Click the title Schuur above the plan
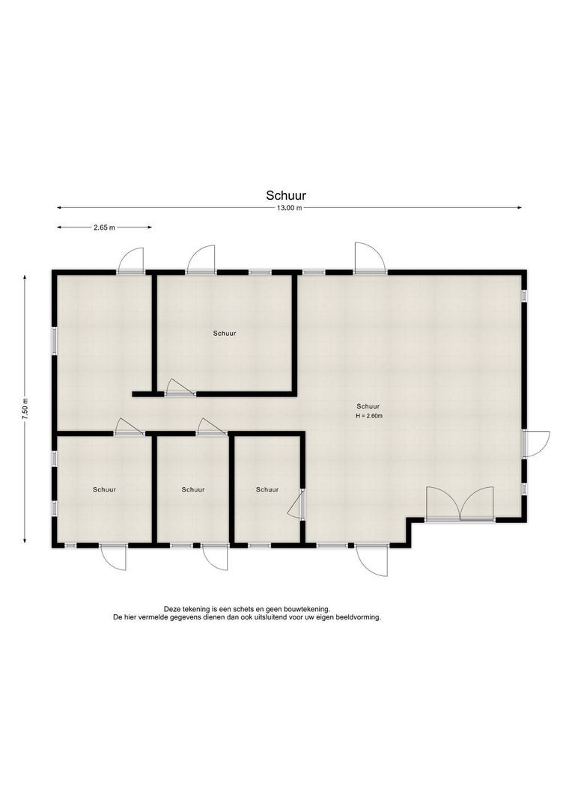[286, 195]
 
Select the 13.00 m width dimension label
[289, 208]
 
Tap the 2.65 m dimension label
[104, 227]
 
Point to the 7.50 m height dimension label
[25, 410]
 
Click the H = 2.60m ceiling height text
[369, 416]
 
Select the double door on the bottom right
[460, 504]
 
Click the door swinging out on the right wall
[535, 444]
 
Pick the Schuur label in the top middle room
[225, 334]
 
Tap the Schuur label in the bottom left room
[104, 489]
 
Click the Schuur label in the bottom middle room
[193, 489]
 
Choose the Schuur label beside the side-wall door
[267, 489]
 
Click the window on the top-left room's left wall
[54, 341]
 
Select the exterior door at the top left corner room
[130, 260]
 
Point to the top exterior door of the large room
[369, 257]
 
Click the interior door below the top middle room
[180, 388]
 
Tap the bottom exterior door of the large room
[371, 560]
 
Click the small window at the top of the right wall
[524, 296]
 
